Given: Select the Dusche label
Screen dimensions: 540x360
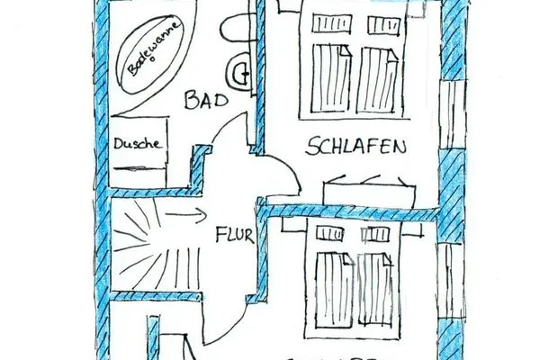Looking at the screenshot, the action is [138, 143].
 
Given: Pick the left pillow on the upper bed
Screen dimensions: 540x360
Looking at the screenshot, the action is [328, 24].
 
